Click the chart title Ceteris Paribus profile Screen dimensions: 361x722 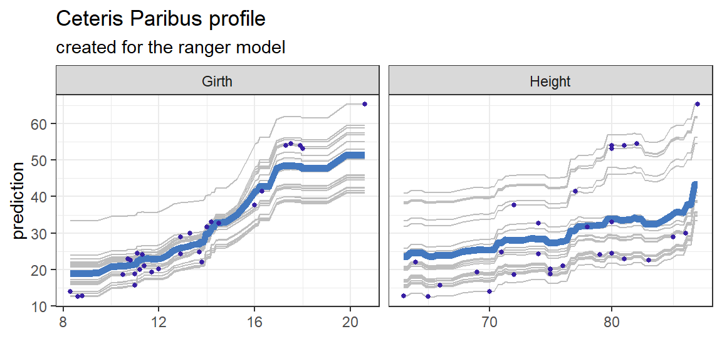click(161, 19)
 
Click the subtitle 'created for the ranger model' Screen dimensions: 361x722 click(170, 47)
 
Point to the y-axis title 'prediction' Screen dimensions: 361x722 click(18, 201)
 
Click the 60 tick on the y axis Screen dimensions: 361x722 click(39, 124)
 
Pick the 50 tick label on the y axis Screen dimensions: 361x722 click(39, 160)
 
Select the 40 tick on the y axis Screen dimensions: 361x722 click(39, 197)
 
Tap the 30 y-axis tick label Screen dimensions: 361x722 click(39, 233)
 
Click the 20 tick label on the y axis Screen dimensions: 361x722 click(39, 269)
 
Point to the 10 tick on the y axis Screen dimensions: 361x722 click(39, 306)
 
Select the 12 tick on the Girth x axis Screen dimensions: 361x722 click(159, 319)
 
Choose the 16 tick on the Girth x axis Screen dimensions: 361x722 click(254, 319)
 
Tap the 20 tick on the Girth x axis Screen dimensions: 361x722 click(350, 319)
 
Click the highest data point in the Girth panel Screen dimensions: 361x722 click(365, 104)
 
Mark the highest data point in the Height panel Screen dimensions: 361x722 click(697, 104)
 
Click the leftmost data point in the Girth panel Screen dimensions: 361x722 click(70, 291)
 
